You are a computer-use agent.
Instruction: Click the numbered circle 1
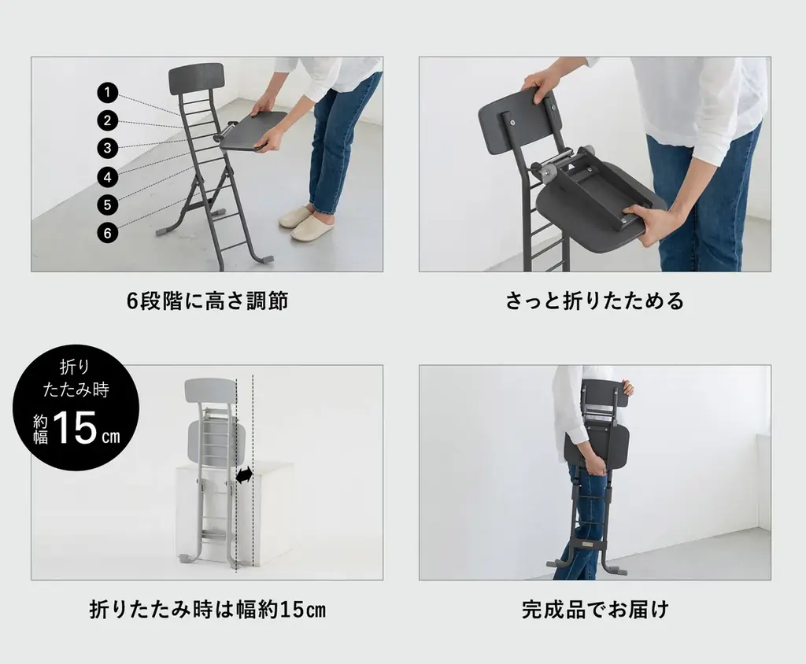click(x=107, y=93)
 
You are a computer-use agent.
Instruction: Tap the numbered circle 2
click(x=107, y=120)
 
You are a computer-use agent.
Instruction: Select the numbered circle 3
click(x=107, y=148)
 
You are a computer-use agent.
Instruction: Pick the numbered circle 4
click(x=107, y=177)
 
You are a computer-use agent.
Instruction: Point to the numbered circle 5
click(x=107, y=205)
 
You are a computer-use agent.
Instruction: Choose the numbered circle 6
click(x=107, y=233)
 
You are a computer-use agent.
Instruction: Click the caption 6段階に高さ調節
click(x=207, y=301)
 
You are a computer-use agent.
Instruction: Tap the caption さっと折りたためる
click(x=594, y=301)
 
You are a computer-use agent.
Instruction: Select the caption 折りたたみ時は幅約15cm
click(x=207, y=610)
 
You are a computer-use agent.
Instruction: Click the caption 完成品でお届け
click(x=594, y=610)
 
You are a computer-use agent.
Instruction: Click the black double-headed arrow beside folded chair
click(x=245, y=475)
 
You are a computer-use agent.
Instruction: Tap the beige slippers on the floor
click(x=307, y=222)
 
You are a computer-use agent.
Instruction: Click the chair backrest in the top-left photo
click(x=195, y=79)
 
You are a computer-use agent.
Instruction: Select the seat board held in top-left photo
click(x=253, y=131)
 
